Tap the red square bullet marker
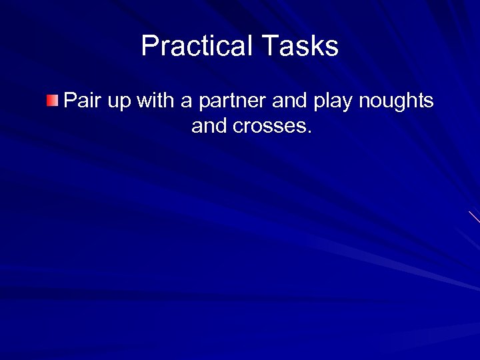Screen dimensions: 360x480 [x=53, y=101]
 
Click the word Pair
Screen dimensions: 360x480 [x=81, y=101]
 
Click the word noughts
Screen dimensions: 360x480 [x=397, y=102]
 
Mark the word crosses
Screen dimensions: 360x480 [x=269, y=127]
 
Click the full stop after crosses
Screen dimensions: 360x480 [x=309, y=131]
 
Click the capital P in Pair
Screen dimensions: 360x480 [x=69, y=101]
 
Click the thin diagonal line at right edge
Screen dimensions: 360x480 [x=475, y=217]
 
